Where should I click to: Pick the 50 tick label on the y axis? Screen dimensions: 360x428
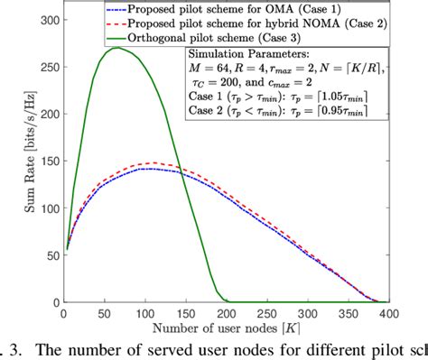(47, 255)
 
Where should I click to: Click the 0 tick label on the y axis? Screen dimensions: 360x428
(51, 302)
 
